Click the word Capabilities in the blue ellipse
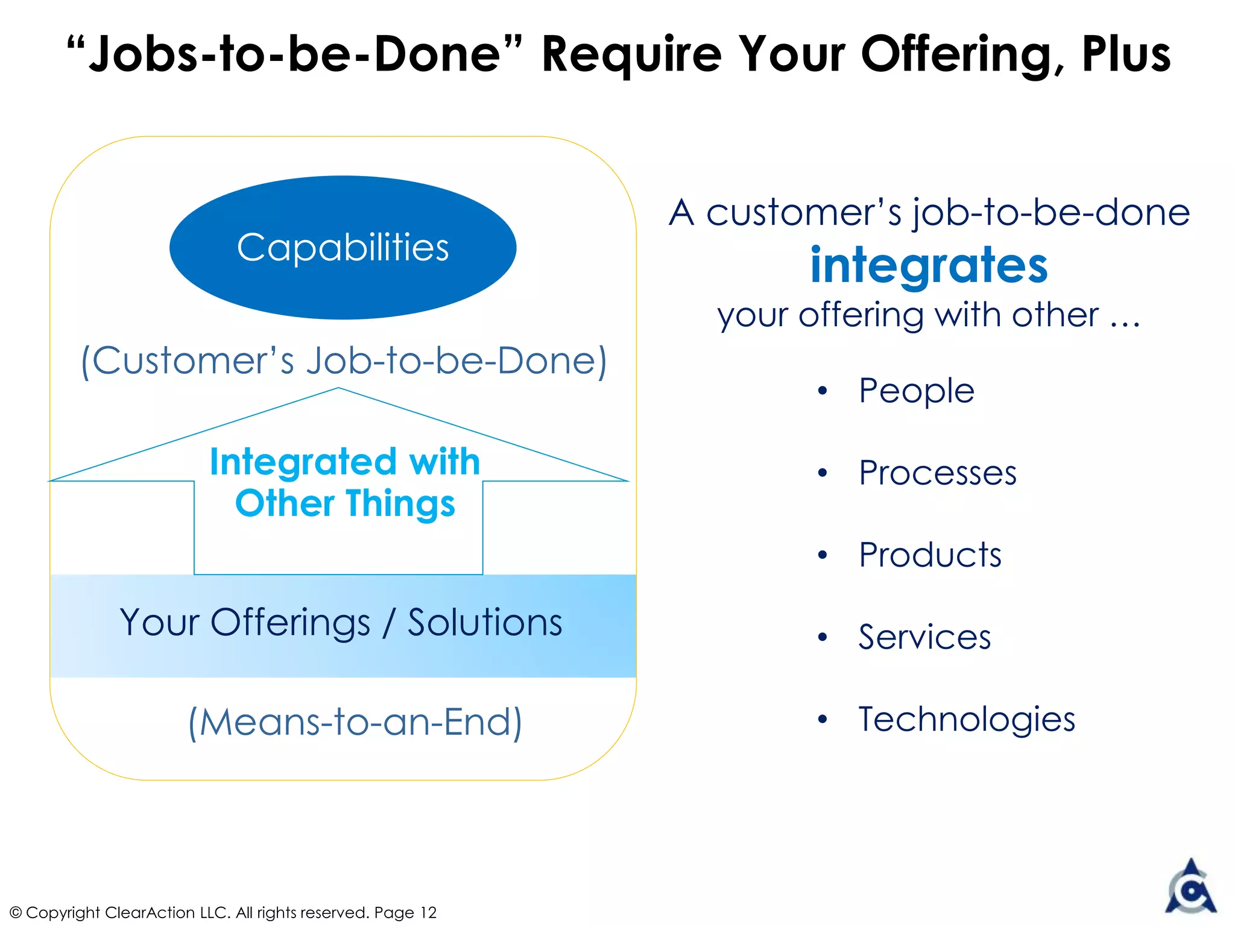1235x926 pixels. pyautogui.click(x=343, y=248)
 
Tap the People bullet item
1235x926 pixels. pyautogui.click(x=916, y=391)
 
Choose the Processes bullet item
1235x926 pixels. pyautogui.click(x=937, y=473)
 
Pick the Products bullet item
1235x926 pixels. pyautogui.click(x=930, y=555)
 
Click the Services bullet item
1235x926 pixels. pyautogui.click(x=924, y=637)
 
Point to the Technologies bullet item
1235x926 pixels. pyautogui.click(x=966, y=719)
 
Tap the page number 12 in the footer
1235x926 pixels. pyautogui.click(x=428, y=913)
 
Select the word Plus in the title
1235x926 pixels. pyautogui.click(x=1126, y=54)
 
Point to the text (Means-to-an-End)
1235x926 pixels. pyautogui.click(x=355, y=722)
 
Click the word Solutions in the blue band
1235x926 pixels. pyautogui.click(x=485, y=622)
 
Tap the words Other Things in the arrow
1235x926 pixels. pyautogui.click(x=345, y=503)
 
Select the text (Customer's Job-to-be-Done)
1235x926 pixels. pyautogui.click(x=344, y=361)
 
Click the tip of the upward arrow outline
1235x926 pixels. pyautogui.click(x=338, y=389)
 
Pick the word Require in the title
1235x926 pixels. pyautogui.click(x=631, y=54)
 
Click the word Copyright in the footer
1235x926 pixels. pyautogui.click(x=63, y=913)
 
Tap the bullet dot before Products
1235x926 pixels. pyautogui.click(x=823, y=555)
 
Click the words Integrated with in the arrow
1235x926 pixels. pyautogui.click(x=345, y=462)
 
